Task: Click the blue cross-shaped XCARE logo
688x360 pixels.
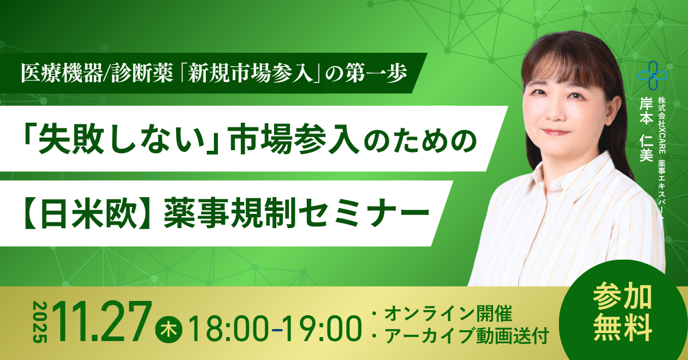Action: point(652,76)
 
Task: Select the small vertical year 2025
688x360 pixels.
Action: point(40,322)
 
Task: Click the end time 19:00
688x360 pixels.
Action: point(322,329)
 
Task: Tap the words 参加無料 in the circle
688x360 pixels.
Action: point(623,313)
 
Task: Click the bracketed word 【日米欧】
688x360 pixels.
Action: point(87,213)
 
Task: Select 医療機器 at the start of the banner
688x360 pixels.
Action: point(61,74)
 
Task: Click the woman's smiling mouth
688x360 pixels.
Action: point(556,132)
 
